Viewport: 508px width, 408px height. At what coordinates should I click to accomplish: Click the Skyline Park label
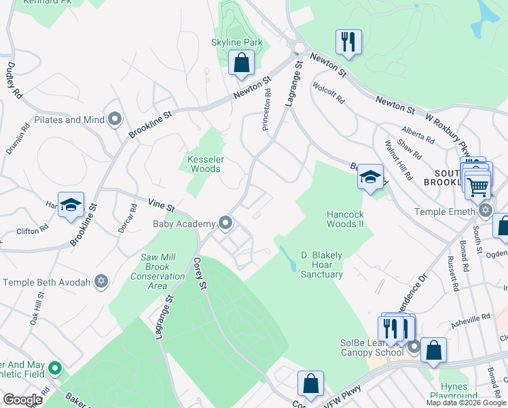click(x=236, y=42)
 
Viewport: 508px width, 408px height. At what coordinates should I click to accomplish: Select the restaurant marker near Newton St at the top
click(x=348, y=41)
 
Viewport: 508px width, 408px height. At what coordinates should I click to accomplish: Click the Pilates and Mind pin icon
click(x=115, y=120)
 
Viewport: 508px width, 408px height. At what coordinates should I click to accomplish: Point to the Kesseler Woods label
click(x=204, y=164)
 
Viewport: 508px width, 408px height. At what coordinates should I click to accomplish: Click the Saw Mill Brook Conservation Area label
click(x=158, y=271)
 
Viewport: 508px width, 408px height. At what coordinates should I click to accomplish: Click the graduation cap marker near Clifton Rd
click(x=71, y=205)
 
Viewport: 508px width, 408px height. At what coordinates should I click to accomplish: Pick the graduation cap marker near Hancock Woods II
click(x=370, y=177)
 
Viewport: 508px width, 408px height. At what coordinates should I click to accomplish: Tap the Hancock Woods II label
click(x=346, y=218)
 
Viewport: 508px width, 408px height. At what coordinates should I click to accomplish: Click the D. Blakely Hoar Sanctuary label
click(x=322, y=265)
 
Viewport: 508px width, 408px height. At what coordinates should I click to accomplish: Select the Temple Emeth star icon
click(x=484, y=211)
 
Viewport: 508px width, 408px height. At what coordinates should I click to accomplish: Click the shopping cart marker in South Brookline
click(x=478, y=184)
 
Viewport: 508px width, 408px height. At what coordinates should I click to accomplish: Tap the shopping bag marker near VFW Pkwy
click(x=310, y=382)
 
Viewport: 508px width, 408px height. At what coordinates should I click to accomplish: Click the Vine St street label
click(x=162, y=203)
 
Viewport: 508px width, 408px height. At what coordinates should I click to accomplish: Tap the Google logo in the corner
click(x=22, y=400)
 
